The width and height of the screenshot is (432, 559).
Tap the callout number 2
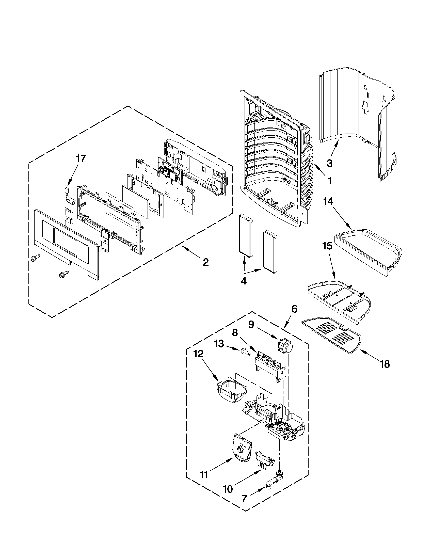click(206, 262)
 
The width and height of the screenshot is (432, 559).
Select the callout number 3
click(329, 163)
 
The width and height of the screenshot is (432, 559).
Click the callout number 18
click(385, 364)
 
